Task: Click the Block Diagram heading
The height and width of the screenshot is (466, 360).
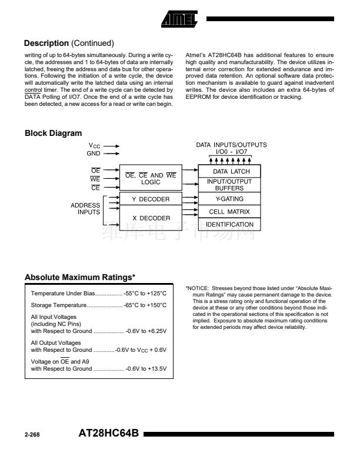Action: coord(53,134)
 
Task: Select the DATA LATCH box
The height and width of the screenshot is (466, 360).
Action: coord(223,171)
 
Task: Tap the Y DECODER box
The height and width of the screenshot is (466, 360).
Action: coord(150,199)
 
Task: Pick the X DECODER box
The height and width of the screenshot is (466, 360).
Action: coord(150,218)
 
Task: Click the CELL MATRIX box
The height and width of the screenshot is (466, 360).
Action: coord(223,211)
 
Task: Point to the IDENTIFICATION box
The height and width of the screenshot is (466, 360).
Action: coord(223,224)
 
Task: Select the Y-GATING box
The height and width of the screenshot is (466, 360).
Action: coord(223,199)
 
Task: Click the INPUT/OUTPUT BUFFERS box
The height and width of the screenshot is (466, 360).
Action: coord(223,185)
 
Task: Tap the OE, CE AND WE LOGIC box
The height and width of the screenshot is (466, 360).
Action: coord(150,179)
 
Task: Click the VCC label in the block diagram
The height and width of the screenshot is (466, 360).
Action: coord(95,145)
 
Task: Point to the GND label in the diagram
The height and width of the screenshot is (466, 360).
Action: coord(94,153)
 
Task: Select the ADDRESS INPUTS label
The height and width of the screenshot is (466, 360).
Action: coord(85,209)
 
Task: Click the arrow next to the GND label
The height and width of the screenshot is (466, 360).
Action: coord(112,153)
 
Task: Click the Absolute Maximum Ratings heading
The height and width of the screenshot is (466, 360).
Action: coord(80,277)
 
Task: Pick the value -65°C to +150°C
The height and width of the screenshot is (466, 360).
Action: coord(145,305)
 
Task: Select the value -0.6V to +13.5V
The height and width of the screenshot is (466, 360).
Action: coord(146,369)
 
